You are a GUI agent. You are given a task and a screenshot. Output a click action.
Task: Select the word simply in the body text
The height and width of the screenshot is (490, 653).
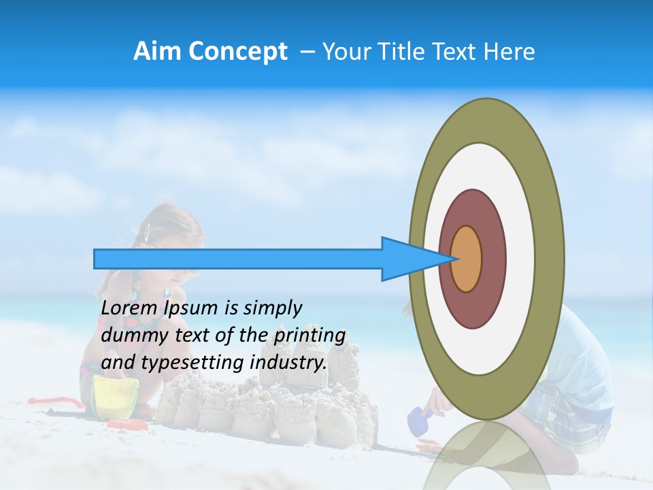pyautogui.click(x=272, y=308)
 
